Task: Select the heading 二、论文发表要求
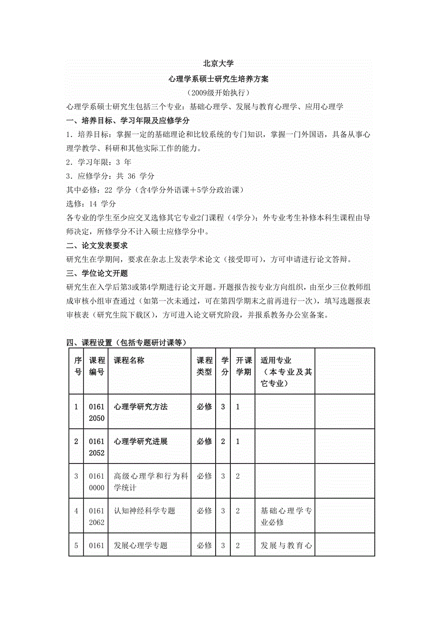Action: coord(97,245)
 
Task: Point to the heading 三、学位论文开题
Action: coord(97,273)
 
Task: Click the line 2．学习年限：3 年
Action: coord(99,162)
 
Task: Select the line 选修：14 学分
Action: coord(91,204)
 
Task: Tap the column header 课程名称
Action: coord(129,360)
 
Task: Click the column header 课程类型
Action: coord(204,366)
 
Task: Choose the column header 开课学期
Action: coord(243,366)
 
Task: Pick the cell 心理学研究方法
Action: coord(141,407)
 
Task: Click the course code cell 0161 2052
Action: coord(96,447)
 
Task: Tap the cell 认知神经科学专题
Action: coord(144,511)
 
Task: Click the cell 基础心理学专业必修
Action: coord(286,516)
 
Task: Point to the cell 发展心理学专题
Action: coord(141,545)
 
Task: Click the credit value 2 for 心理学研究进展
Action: coord(223,442)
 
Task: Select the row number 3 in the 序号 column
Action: coord(76,476)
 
